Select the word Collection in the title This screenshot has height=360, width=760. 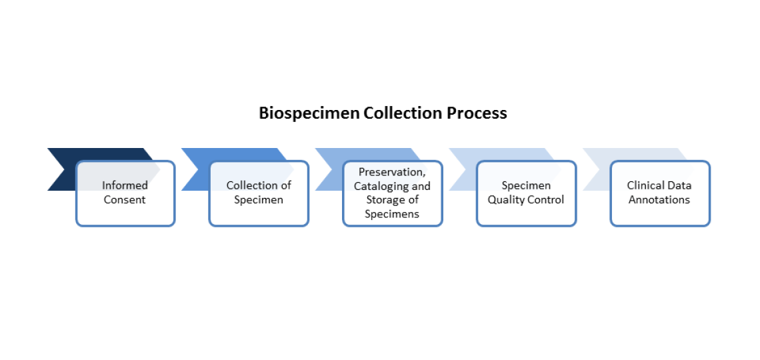(x=398, y=113)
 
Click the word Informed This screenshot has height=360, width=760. (x=125, y=185)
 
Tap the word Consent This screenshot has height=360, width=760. (x=125, y=199)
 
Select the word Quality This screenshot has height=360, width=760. (x=506, y=199)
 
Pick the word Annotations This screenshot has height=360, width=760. (x=659, y=199)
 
